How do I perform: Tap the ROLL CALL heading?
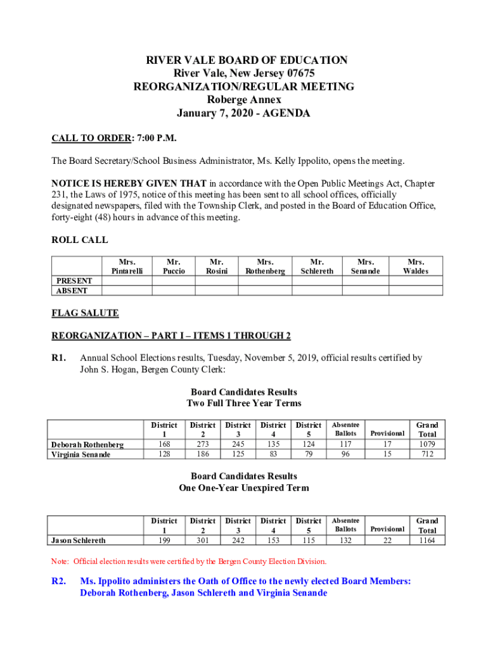[79, 240]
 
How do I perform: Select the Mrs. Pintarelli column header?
[127, 266]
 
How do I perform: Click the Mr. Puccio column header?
[174, 266]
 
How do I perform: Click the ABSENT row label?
[72, 290]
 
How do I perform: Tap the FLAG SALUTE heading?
[85, 313]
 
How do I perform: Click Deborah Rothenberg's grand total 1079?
[427, 444]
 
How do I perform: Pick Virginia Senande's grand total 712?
[427, 454]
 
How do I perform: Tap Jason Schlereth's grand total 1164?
[427, 540]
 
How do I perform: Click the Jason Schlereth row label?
[79, 540]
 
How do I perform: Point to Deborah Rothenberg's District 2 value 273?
[202, 444]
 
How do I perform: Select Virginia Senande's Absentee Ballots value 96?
[345, 454]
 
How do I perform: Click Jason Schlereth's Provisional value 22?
[387, 540]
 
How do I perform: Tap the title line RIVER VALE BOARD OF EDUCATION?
[247, 60]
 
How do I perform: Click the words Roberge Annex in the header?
[244, 100]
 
